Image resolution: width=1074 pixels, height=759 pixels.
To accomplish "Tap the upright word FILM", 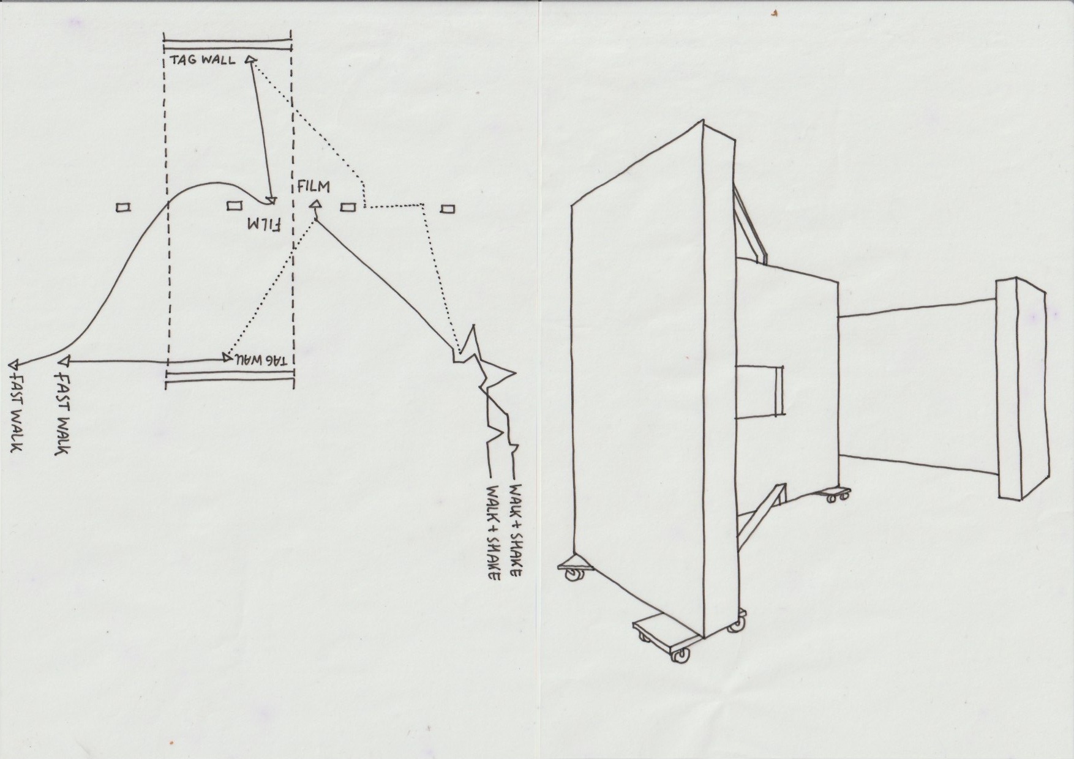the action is [313, 186].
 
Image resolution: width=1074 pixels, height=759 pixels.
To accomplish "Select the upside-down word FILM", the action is [263, 225].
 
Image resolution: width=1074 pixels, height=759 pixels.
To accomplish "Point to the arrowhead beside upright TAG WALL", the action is [250, 59].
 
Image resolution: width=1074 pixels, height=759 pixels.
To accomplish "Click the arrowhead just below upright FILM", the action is [316, 205].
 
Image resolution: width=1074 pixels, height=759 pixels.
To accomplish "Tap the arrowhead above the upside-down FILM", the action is [271, 201].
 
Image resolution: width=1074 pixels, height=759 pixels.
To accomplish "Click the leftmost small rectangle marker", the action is [123, 208].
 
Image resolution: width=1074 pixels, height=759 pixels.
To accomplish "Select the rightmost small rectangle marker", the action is [447, 209].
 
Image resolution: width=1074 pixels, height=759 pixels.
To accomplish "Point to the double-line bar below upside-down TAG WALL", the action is [230, 381].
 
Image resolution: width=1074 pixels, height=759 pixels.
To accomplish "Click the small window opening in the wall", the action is [760, 391].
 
